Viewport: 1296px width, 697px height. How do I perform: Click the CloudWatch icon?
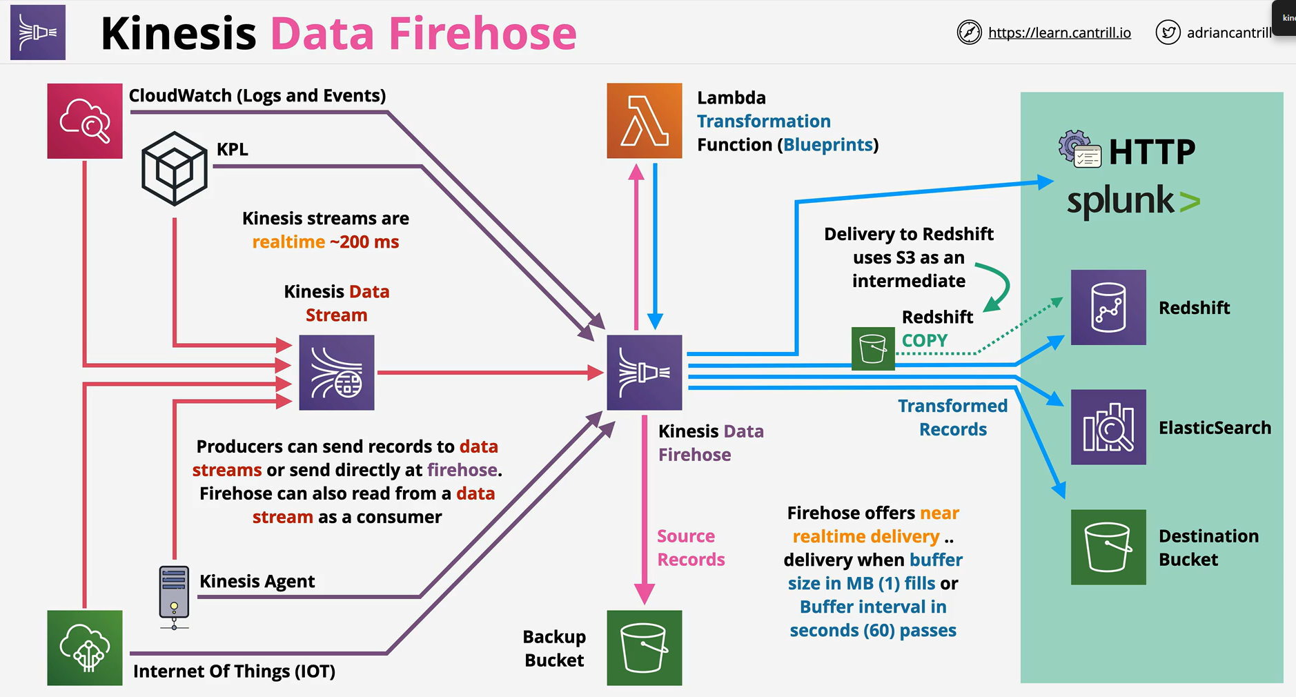tap(85, 121)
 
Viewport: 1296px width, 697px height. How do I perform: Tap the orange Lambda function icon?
tap(645, 121)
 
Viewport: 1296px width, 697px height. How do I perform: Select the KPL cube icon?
tap(175, 168)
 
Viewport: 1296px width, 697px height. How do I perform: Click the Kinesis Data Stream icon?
tap(337, 373)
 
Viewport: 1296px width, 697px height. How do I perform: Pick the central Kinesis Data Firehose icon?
tap(645, 373)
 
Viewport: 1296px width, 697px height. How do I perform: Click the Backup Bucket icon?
tap(645, 648)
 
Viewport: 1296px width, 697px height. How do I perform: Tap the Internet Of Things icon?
tap(85, 648)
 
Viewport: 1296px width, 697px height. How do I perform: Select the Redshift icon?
tap(1108, 307)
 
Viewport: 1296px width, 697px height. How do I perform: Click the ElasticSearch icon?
tap(1108, 427)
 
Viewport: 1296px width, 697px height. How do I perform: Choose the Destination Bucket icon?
tap(1108, 547)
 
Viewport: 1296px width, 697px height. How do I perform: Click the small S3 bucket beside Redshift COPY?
tap(873, 348)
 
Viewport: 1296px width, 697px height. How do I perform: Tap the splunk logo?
tap(1134, 201)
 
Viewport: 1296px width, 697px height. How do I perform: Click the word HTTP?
tap(1152, 152)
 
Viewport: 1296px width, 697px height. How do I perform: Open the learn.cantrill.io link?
tap(1059, 32)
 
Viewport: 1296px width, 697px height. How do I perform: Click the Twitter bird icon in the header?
tap(1168, 32)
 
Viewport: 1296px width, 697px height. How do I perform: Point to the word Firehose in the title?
tap(483, 33)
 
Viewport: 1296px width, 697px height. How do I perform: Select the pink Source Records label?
tap(691, 548)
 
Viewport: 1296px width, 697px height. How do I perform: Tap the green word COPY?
tap(925, 340)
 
